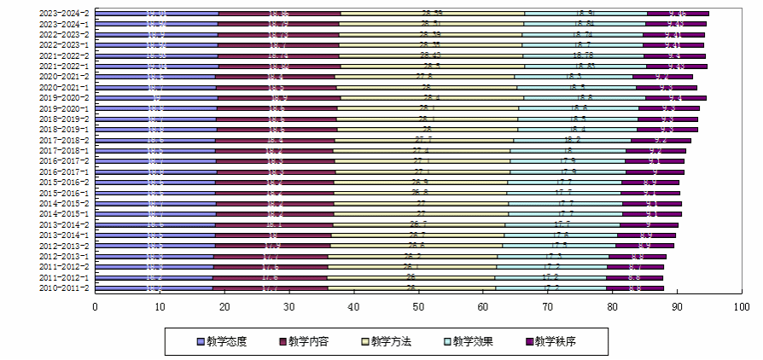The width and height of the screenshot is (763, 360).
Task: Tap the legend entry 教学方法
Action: pyautogui.click(x=391, y=341)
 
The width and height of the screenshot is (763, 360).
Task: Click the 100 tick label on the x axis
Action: pyautogui.click(x=741, y=306)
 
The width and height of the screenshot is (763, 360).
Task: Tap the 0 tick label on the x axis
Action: pyautogui.click(x=96, y=306)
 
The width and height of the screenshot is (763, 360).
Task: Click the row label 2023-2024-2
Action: pyautogui.click(x=64, y=14)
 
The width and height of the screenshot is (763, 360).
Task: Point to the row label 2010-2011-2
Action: pyautogui.click(x=64, y=287)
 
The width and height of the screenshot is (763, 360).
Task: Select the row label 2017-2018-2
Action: pyautogui.click(x=64, y=140)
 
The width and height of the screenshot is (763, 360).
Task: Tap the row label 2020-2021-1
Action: pyautogui.click(x=64, y=87)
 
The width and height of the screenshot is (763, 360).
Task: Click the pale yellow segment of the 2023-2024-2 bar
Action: pyautogui.click(x=433, y=14)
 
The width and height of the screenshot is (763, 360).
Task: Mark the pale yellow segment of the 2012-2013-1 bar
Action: pyautogui.click(x=413, y=256)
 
